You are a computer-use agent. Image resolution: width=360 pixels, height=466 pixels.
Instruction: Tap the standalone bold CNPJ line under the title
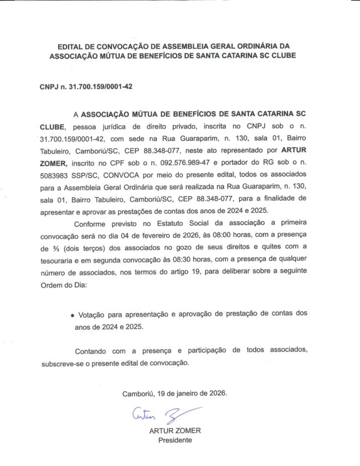coord(86,87)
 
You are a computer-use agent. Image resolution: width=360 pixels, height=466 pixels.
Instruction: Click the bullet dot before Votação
coord(73,315)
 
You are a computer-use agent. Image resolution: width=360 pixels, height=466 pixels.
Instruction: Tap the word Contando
coord(92,351)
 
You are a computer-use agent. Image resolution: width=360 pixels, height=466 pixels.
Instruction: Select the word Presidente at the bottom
coord(175,440)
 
